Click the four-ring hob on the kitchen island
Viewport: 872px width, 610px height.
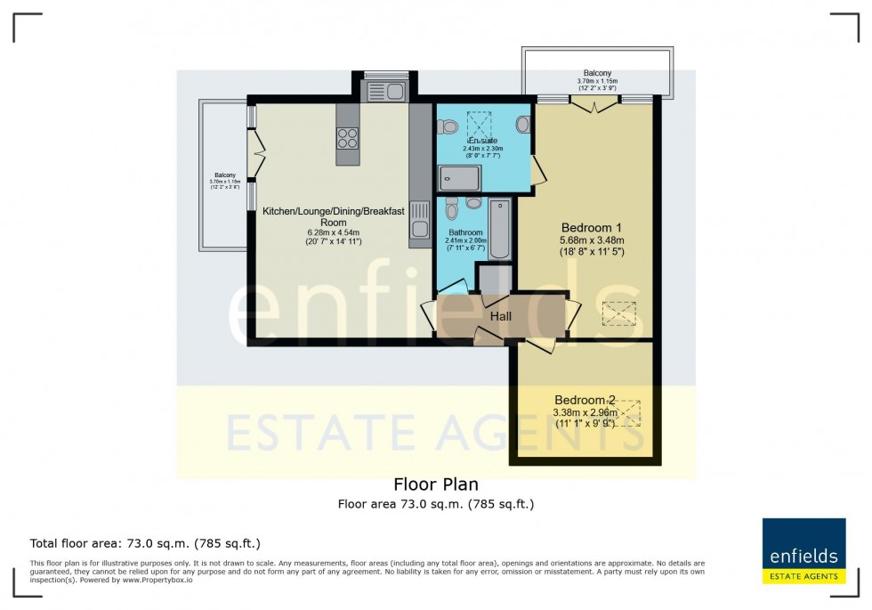pos(348,138)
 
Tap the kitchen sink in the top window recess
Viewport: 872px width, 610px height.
pos(384,89)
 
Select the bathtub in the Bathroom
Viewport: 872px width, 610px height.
pos(500,229)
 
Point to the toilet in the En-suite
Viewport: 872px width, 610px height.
pos(448,126)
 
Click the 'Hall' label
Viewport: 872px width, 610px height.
pos(501,316)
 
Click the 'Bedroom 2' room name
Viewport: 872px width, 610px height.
pos(585,400)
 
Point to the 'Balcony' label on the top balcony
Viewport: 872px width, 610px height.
pos(597,73)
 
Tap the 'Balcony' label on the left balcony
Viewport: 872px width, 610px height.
pos(223,175)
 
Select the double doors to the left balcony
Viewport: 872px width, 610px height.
pos(257,153)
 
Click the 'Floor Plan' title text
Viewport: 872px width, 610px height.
pos(435,484)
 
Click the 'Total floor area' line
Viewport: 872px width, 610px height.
pos(145,543)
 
